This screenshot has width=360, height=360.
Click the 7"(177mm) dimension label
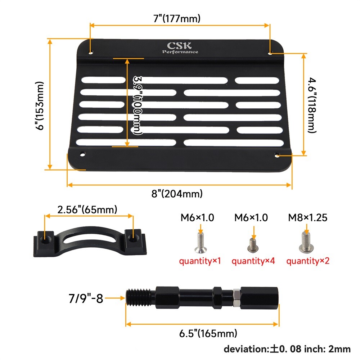(x=177, y=18)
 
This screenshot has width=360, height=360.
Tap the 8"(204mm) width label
(x=177, y=194)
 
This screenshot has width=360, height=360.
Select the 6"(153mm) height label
(x=40, y=105)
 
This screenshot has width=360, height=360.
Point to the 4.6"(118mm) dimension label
(x=312, y=105)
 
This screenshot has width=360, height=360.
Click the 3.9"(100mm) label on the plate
(x=138, y=105)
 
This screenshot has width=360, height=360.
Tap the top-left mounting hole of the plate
(x=91, y=53)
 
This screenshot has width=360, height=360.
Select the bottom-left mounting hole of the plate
(x=82, y=154)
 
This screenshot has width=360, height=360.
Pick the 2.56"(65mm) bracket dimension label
(x=87, y=210)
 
